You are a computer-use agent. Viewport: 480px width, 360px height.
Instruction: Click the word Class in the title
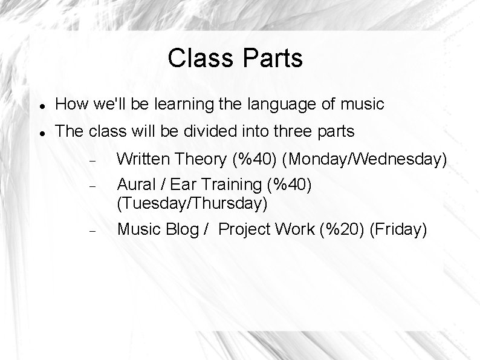click(x=200, y=58)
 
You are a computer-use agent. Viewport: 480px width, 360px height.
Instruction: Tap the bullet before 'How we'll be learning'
click(x=40, y=105)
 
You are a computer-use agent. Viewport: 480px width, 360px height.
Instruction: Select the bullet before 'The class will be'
click(x=40, y=131)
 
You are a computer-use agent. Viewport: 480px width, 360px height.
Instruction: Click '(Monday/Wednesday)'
click(x=365, y=160)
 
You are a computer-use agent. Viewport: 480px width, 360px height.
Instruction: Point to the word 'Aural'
click(x=134, y=183)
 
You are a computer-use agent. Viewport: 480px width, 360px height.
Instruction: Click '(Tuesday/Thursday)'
click(x=192, y=203)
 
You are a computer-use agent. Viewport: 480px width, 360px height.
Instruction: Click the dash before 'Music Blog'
click(x=89, y=230)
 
